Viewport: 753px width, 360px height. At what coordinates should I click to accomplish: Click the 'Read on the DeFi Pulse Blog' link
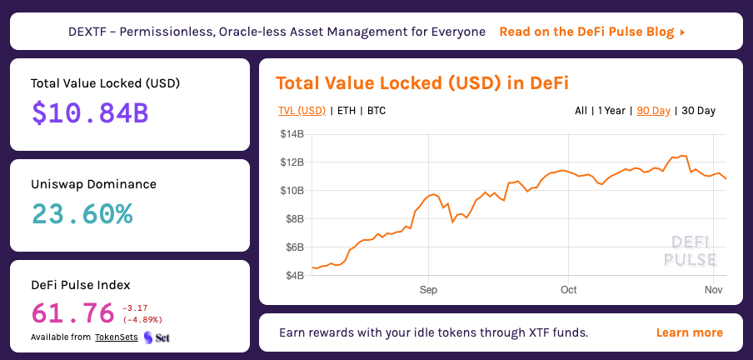(x=592, y=32)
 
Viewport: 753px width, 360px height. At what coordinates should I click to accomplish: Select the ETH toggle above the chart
(x=347, y=111)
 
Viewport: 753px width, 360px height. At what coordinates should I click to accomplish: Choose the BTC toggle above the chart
(x=376, y=111)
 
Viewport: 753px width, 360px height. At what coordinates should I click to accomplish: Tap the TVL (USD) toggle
(x=302, y=111)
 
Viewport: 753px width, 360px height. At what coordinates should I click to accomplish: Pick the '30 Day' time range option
(x=698, y=111)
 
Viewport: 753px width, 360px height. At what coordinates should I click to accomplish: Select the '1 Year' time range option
(x=611, y=111)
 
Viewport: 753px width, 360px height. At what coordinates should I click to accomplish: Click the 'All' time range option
(x=581, y=111)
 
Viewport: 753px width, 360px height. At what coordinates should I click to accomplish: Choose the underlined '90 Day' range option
(x=654, y=111)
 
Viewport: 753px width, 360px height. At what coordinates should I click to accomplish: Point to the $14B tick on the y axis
(x=292, y=134)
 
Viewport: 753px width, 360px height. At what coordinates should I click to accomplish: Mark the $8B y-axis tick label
(x=294, y=219)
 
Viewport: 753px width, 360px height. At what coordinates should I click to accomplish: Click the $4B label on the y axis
(x=294, y=276)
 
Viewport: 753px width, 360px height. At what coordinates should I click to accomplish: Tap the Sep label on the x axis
(x=428, y=290)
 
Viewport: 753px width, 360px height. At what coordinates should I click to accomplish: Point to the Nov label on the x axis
(x=714, y=290)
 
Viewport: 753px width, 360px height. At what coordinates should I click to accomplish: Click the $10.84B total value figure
(x=90, y=112)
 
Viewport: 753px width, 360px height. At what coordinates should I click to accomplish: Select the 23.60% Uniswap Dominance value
(x=82, y=214)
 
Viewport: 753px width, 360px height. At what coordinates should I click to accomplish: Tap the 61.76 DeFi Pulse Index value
(x=73, y=312)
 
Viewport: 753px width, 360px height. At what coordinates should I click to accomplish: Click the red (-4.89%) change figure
(x=142, y=320)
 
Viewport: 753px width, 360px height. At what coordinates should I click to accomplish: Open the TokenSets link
(x=117, y=337)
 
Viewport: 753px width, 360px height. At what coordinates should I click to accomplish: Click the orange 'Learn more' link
(x=689, y=332)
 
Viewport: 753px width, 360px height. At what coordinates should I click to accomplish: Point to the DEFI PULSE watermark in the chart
(x=690, y=251)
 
